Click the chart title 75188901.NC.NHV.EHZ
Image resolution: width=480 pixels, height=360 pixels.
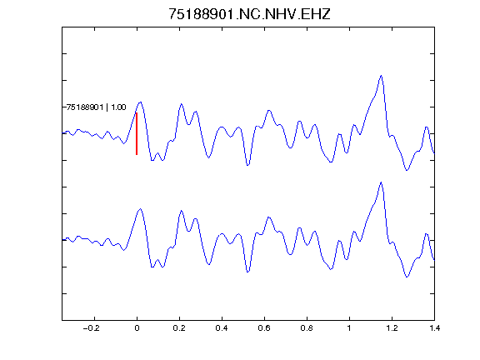[x=249, y=14]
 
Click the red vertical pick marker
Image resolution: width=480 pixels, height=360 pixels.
[x=137, y=134]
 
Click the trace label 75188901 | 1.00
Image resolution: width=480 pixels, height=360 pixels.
[x=96, y=107]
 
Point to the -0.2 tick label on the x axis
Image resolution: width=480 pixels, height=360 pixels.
[x=91, y=328]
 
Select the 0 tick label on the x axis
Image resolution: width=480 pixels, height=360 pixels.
[x=137, y=328]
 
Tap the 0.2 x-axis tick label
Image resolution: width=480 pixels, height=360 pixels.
[x=179, y=328]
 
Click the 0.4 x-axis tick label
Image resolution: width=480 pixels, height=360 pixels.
[x=222, y=328]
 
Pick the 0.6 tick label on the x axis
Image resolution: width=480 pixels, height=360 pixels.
[x=264, y=328]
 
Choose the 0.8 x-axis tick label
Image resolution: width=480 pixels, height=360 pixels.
[x=307, y=328]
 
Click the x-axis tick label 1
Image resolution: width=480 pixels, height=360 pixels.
[x=349, y=328]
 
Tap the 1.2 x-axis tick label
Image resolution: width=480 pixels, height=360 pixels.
[x=392, y=328]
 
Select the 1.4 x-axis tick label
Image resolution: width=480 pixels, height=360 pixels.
[x=434, y=328]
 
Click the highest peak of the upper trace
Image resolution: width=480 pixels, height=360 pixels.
[x=381, y=75]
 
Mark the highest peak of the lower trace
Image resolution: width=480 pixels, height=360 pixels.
[x=381, y=182]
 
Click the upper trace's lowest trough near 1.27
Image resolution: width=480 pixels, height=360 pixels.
[x=407, y=170]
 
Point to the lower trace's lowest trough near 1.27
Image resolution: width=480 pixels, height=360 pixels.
[x=407, y=277]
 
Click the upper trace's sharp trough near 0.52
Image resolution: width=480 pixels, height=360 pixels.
[x=248, y=165]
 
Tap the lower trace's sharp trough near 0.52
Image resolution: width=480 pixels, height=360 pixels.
[x=248, y=272]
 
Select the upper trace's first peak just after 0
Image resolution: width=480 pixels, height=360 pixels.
[x=141, y=102]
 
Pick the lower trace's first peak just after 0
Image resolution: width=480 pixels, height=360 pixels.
[x=141, y=209]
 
